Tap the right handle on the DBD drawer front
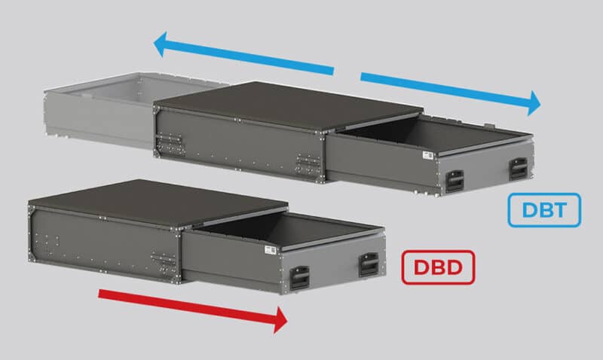[369, 264]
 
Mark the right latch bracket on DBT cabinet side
[307, 164]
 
